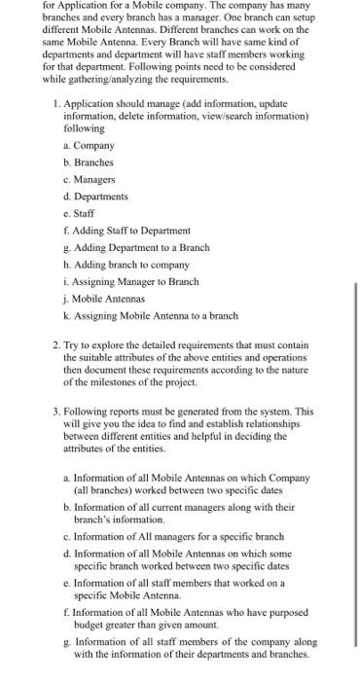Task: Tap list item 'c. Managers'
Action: point(89,179)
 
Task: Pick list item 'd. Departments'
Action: point(94,197)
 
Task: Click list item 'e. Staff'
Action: point(79,213)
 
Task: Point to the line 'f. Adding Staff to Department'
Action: point(126,231)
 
